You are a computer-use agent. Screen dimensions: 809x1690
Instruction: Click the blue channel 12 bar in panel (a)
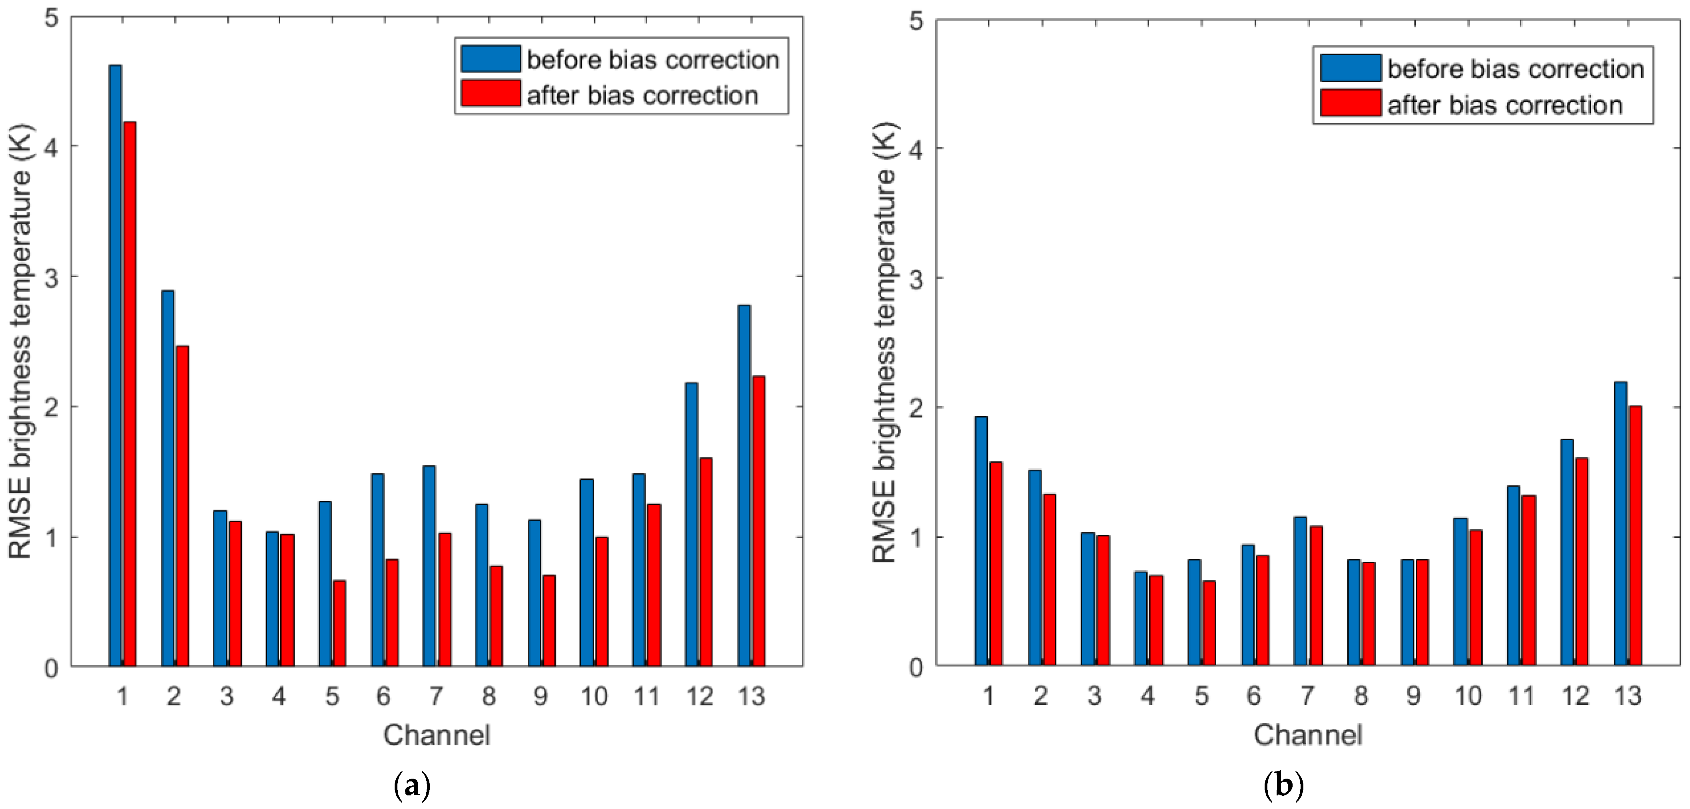[x=692, y=525]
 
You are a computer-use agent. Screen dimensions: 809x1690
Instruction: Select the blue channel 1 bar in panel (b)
[x=981, y=541]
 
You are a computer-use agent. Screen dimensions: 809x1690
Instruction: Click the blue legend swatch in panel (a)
[x=490, y=59]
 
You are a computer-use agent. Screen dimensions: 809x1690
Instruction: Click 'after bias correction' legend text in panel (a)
[x=642, y=96]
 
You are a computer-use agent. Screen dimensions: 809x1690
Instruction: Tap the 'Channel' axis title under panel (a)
[x=437, y=735]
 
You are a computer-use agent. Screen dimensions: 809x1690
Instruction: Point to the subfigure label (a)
[x=412, y=785]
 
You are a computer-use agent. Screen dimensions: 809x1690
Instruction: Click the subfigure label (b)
[x=1283, y=785]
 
